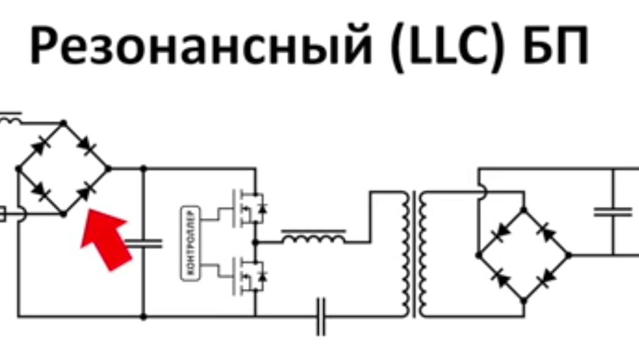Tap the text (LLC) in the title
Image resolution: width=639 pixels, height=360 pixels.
(x=448, y=46)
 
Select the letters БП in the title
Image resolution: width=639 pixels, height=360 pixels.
(x=556, y=44)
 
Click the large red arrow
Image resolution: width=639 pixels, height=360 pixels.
(x=106, y=239)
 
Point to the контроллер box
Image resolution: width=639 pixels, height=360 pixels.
(x=190, y=244)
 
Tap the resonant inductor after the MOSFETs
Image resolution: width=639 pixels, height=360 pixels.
(x=314, y=237)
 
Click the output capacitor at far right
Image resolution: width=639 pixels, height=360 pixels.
(x=613, y=212)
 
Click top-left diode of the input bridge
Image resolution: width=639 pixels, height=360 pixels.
(x=41, y=146)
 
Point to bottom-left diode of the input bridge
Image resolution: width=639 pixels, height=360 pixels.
(x=40, y=191)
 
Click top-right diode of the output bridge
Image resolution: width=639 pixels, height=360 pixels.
(x=547, y=233)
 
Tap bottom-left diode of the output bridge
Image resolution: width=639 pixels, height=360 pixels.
(x=501, y=278)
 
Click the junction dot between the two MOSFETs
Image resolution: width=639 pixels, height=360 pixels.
(x=255, y=242)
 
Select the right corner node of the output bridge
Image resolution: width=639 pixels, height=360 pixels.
(x=569, y=255)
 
